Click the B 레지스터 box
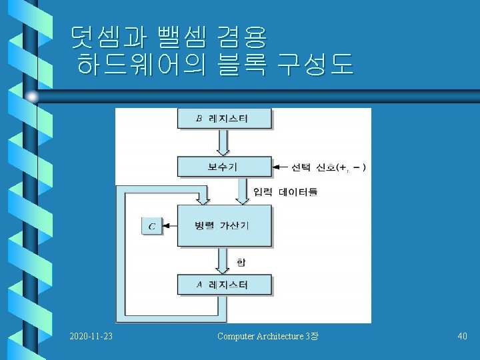224,119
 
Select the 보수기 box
224,167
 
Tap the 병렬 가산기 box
224,225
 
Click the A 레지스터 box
224,285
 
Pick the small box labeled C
151,226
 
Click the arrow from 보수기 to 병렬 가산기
245,191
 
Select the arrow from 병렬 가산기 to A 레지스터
224,261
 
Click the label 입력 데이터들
285,192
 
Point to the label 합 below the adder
241,261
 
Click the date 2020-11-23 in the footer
91,337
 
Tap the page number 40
462,337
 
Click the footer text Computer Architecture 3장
268,337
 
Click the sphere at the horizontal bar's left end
32,97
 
